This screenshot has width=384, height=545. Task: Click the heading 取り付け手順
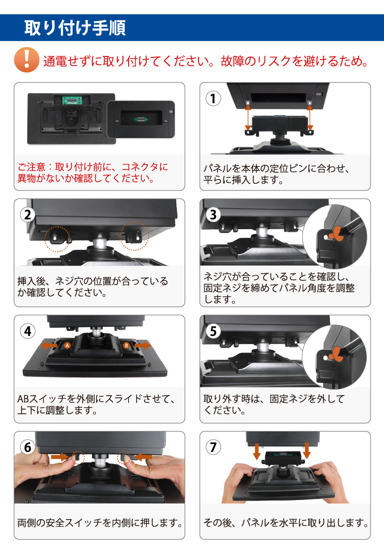(x=75, y=28)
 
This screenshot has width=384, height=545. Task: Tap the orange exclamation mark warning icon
(x=26, y=60)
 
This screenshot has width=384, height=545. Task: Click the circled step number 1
(x=213, y=98)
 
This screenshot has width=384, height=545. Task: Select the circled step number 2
(x=28, y=214)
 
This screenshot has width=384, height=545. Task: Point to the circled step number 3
(x=213, y=214)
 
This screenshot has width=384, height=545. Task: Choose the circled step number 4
(x=28, y=331)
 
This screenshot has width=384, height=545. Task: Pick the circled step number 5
(x=213, y=331)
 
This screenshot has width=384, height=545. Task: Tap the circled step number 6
(x=28, y=447)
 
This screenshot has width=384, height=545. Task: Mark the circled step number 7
(x=213, y=447)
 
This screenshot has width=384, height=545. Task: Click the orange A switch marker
(x=67, y=345)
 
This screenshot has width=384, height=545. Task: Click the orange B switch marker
(x=126, y=345)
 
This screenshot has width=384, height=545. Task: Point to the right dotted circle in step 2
(x=134, y=236)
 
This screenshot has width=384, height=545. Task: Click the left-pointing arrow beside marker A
(x=49, y=345)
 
